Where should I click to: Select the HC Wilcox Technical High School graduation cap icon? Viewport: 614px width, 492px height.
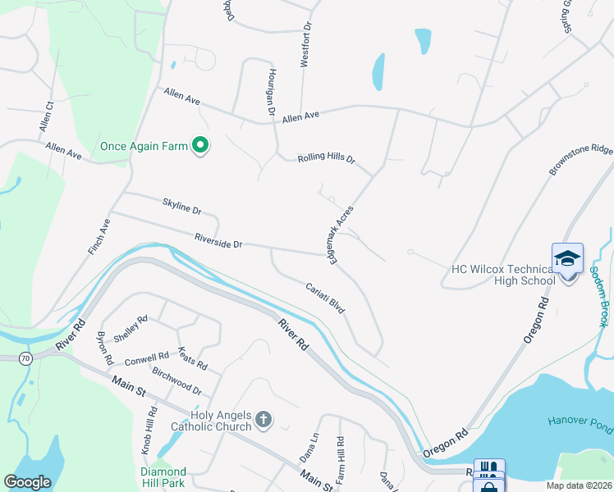(x=568, y=259)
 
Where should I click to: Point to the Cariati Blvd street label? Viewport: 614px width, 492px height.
(x=324, y=299)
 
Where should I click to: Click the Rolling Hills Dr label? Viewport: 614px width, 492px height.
(x=326, y=158)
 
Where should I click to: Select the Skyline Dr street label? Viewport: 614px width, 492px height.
(x=181, y=204)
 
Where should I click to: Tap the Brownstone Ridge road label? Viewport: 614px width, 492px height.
(x=580, y=161)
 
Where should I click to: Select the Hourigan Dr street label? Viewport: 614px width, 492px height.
(x=269, y=90)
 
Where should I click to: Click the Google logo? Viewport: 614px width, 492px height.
(x=27, y=482)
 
